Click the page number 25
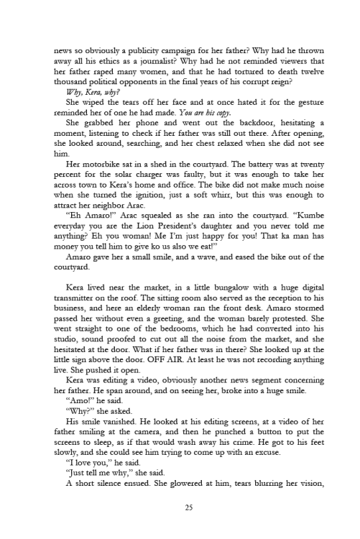180,509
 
